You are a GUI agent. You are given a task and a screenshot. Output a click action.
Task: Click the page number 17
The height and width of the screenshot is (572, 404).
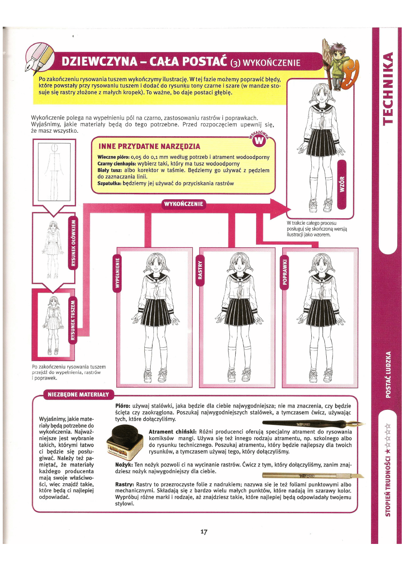pyautogui.click(x=204, y=532)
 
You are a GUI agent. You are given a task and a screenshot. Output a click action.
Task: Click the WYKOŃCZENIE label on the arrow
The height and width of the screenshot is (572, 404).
pyautogui.click(x=183, y=204)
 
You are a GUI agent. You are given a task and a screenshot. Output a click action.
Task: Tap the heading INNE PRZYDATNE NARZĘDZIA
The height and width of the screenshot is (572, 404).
pyautogui.click(x=149, y=146)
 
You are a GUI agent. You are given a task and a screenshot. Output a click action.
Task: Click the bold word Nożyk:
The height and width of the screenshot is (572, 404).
pyautogui.click(x=124, y=465)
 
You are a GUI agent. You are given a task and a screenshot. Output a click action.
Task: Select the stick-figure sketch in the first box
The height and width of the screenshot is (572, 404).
pyautogui.click(x=54, y=165)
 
